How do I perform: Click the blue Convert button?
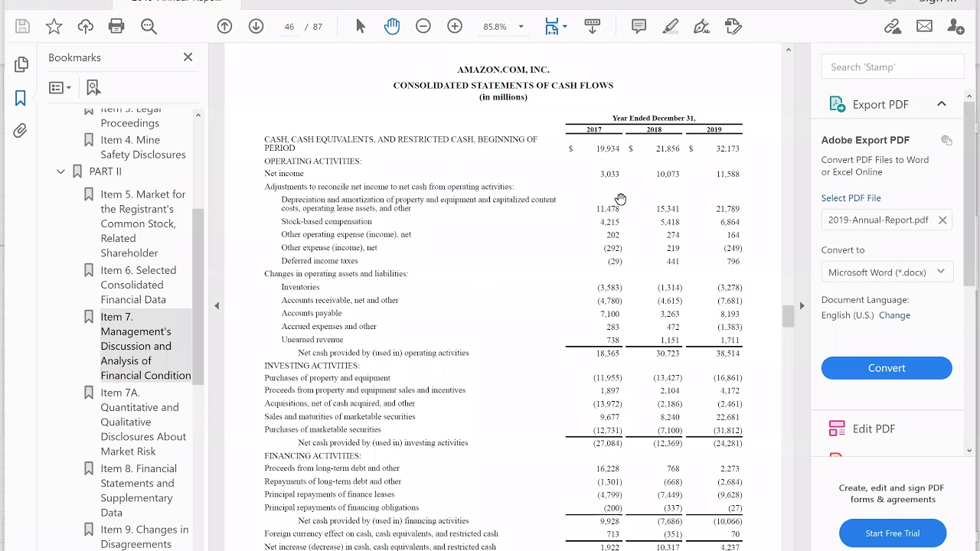tap(886, 368)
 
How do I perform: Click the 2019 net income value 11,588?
tap(727, 174)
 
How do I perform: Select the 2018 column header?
tap(653, 130)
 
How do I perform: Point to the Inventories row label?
tap(300, 287)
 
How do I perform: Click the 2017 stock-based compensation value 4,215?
tap(609, 222)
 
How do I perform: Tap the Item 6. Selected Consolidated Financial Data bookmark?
tap(138, 285)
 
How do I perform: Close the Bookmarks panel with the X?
tap(188, 57)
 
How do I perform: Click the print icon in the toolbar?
tap(116, 27)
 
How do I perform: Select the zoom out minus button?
tap(423, 27)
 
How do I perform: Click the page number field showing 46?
tap(289, 27)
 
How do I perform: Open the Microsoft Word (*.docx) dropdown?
tap(886, 272)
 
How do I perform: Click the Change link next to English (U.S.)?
tap(894, 315)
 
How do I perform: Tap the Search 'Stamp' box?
tap(892, 67)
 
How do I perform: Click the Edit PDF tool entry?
tap(874, 429)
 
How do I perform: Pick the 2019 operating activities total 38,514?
tap(727, 354)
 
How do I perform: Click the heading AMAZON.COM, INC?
tap(503, 70)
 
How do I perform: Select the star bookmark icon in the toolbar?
tap(54, 27)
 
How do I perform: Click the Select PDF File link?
tap(851, 198)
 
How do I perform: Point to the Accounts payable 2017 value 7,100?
tap(609, 314)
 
